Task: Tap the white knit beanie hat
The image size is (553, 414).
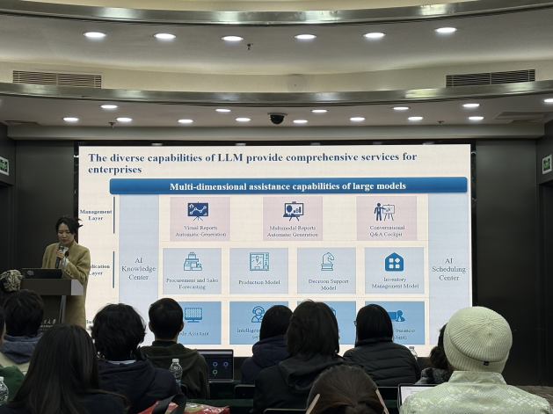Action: point(477,339)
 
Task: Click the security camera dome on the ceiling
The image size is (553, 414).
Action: point(277,118)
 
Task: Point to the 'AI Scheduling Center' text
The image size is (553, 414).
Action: point(448,269)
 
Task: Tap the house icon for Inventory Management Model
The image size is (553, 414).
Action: point(394,261)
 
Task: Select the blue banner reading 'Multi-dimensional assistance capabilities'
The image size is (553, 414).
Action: point(288,185)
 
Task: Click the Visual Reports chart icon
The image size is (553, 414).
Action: point(199,210)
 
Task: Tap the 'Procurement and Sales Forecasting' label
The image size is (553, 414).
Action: point(193,284)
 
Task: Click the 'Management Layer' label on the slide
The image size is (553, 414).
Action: point(96,214)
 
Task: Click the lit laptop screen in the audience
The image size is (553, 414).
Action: point(216,363)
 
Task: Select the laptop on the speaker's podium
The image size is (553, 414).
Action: point(41,273)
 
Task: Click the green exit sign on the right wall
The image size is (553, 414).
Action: point(547,164)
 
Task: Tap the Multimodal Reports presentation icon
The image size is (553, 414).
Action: point(293,210)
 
